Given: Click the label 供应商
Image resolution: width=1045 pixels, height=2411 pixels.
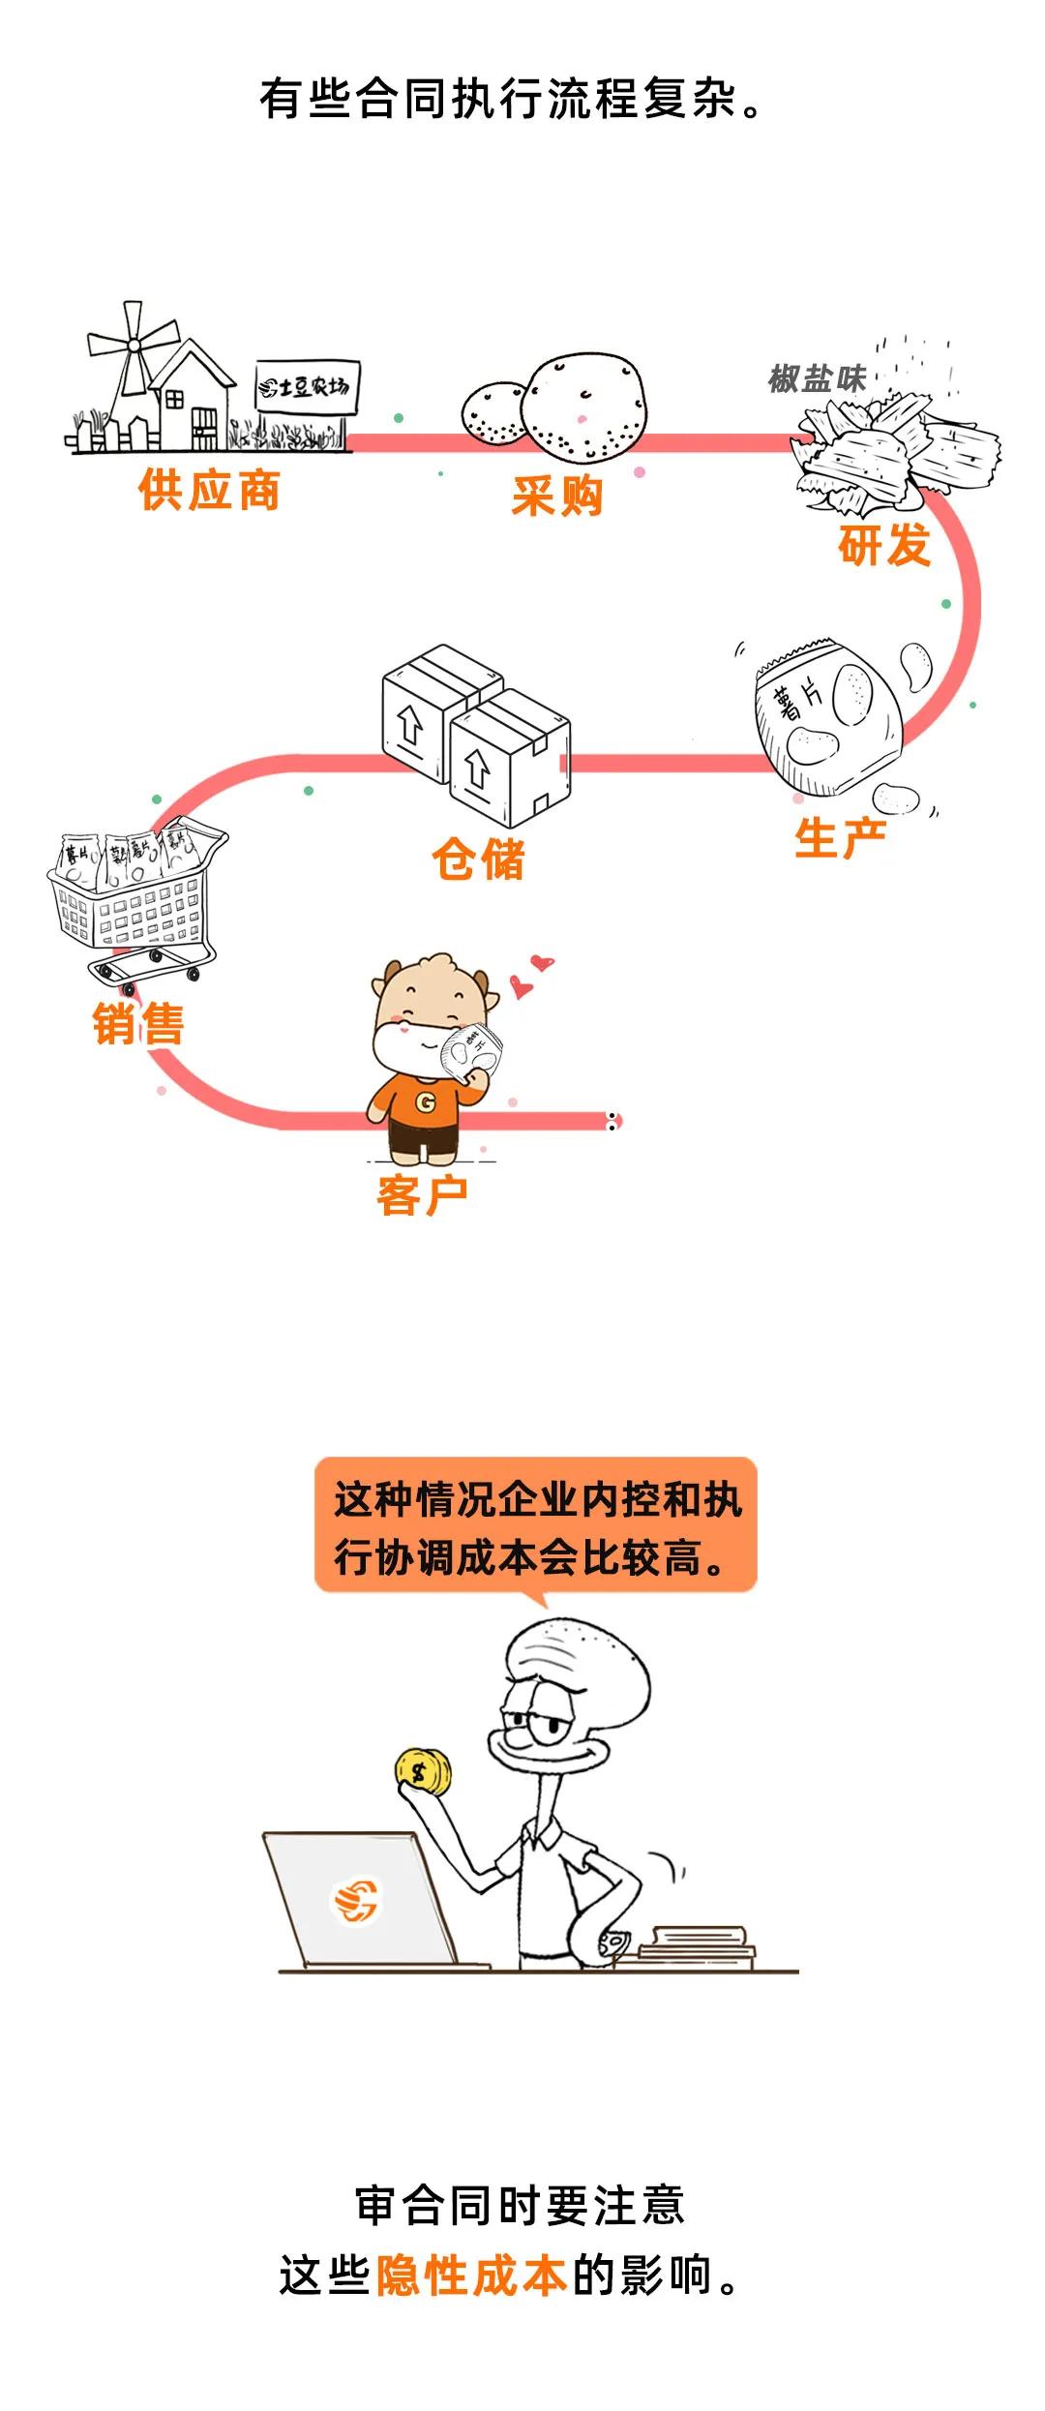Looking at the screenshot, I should pos(209,490).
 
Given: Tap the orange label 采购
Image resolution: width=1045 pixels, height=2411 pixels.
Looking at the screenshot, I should pos(557,496).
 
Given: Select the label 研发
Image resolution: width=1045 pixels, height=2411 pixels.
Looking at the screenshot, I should pos(883,545).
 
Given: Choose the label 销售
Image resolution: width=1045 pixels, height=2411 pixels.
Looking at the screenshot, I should pos(138,1024).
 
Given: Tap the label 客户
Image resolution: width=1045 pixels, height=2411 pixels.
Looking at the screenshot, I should pos(422,1195).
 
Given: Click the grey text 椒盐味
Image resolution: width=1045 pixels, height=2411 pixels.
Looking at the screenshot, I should pos(817,378).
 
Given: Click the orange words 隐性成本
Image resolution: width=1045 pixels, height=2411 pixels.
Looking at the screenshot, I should pos(471,2275).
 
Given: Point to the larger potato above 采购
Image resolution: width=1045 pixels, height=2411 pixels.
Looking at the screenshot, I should pos(583,407).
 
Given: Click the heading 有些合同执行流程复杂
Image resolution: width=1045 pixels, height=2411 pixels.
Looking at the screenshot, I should pos(511,100).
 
